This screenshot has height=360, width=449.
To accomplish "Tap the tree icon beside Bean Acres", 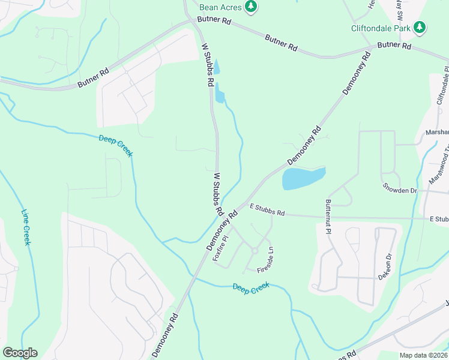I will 251,7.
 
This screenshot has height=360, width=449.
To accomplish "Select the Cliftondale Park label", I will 381,28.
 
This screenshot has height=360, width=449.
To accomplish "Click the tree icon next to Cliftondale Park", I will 420,27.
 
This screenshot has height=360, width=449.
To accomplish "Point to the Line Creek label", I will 26,227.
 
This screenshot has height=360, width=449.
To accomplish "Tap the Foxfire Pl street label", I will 221,247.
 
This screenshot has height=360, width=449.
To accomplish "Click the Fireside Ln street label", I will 265,262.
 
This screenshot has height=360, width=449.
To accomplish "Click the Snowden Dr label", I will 399,190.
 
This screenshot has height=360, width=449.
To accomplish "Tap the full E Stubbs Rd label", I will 267,210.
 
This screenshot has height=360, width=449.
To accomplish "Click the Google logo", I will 20,352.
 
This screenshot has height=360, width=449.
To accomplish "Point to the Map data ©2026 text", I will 423,355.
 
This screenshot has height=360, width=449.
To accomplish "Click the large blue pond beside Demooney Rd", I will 303,178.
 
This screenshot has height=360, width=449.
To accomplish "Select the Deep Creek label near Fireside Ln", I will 251,287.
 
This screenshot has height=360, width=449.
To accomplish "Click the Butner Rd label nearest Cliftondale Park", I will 394,45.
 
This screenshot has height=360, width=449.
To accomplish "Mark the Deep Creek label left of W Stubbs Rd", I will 116,146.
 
